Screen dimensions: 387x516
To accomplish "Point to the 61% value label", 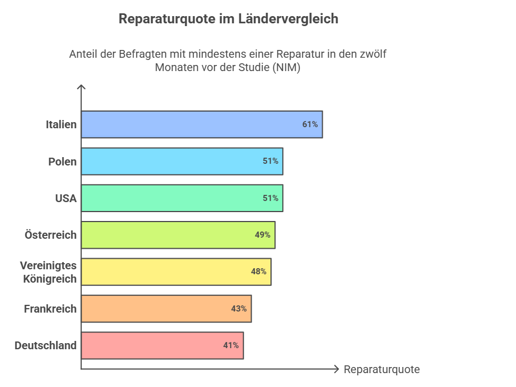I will click(x=310, y=124).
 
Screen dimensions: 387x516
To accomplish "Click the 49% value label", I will click(x=263, y=235).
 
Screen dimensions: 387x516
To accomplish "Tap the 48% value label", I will click(x=258, y=272).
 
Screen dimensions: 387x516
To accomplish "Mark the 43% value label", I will click(x=239, y=309).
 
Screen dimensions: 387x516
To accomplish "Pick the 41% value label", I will click(x=231, y=345).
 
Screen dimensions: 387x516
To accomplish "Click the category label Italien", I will click(x=61, y=124).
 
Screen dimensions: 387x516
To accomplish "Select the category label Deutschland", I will click(x=46, y=345).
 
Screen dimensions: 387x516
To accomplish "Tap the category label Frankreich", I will click(x=50, y=309).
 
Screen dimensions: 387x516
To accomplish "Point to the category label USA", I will click(x=66, y=198).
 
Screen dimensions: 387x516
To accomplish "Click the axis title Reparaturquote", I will click(x=382, y=370).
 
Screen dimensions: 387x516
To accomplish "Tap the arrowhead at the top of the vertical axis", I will click(x=81, y=87).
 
